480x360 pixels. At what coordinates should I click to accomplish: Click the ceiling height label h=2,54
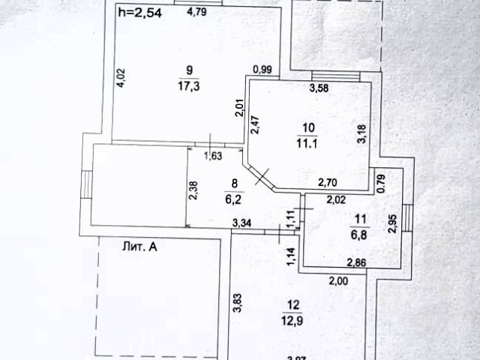(x=142, y=11)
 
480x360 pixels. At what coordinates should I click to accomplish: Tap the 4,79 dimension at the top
(x=197, y=11)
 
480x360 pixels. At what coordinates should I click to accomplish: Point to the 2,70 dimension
(x=331, y=181)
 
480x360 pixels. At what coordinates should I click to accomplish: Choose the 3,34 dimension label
(x=243, y=222)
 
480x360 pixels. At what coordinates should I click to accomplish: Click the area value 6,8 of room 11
(x=360, y=232)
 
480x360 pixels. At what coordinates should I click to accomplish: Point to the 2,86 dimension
(x=356, y=262)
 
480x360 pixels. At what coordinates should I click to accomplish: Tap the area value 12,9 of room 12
(x=293, y=321)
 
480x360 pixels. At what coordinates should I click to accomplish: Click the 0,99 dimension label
(x=262, y=70)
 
